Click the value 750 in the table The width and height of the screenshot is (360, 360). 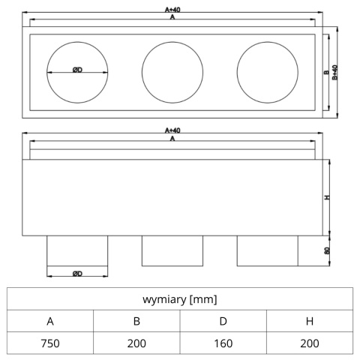(x=50, y=343)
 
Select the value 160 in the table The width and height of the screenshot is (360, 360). (x=223, y=343)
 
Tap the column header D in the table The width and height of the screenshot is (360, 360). (x=223, y=321)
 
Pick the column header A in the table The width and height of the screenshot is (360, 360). (x=50, y=321)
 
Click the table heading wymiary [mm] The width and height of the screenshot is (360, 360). (x=180, y=299)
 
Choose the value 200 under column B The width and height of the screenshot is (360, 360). (x=136, y=343)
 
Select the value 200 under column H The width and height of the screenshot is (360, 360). (x=310, y=343)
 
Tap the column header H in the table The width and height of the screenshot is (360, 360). (x=310, y=321)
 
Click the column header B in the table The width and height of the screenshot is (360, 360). (x=136, y=321)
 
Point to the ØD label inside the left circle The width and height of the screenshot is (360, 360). (x=77, y=70)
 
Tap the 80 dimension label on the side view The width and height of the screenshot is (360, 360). (x=327, y=250)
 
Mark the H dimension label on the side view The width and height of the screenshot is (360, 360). (x=327, y=197)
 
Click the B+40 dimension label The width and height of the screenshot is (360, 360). (x=334, y=73)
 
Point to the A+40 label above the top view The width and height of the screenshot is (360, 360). (x=172, y=10)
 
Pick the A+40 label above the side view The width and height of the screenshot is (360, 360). (x=172, y=130)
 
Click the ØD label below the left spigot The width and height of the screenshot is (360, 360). (x=77, y=274)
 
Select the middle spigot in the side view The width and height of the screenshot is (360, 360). (x=172, y=250)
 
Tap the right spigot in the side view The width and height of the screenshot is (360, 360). (x=268, y=250)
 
